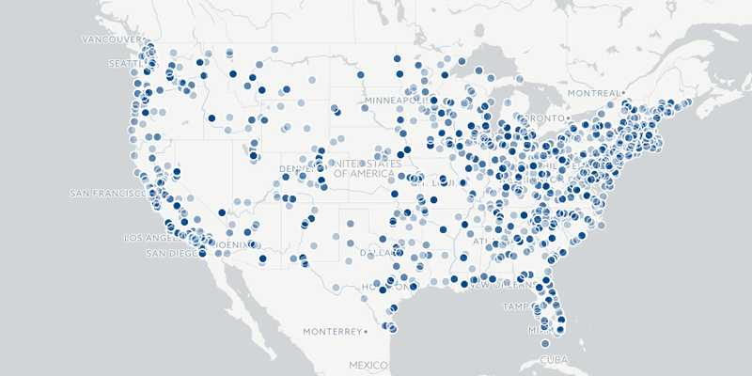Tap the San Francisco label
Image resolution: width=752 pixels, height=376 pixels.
106,194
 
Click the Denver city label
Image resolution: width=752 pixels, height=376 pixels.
296,169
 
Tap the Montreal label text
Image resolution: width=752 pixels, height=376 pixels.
593,93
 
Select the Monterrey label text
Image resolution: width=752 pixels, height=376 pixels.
333,332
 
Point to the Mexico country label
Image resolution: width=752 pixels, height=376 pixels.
368,365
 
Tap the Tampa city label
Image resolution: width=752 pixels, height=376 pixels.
519,307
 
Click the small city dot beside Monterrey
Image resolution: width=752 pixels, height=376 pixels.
368,332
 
